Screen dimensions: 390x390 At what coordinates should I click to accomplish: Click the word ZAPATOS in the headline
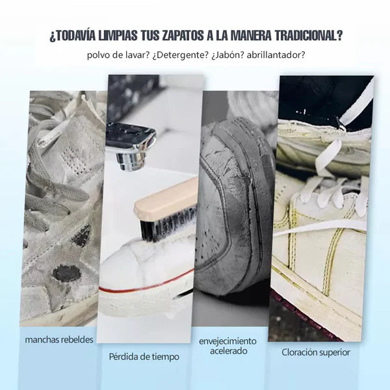(183, 36)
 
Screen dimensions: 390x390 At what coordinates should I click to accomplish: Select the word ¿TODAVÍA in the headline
(72, 36)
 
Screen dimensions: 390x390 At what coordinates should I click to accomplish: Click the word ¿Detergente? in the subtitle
(180, 55)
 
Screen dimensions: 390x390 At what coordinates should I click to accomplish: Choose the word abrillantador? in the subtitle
(276, 55)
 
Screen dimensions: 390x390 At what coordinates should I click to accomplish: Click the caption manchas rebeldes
(59, 340)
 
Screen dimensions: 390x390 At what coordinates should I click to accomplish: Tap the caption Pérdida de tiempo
(144, 357)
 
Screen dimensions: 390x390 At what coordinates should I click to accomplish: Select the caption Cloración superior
(316, 352)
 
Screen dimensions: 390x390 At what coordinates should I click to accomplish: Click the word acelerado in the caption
(228, 351)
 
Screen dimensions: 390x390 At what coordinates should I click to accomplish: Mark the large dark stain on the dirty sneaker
(66, 273)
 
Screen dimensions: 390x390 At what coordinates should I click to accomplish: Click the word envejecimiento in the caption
(227, 341)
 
